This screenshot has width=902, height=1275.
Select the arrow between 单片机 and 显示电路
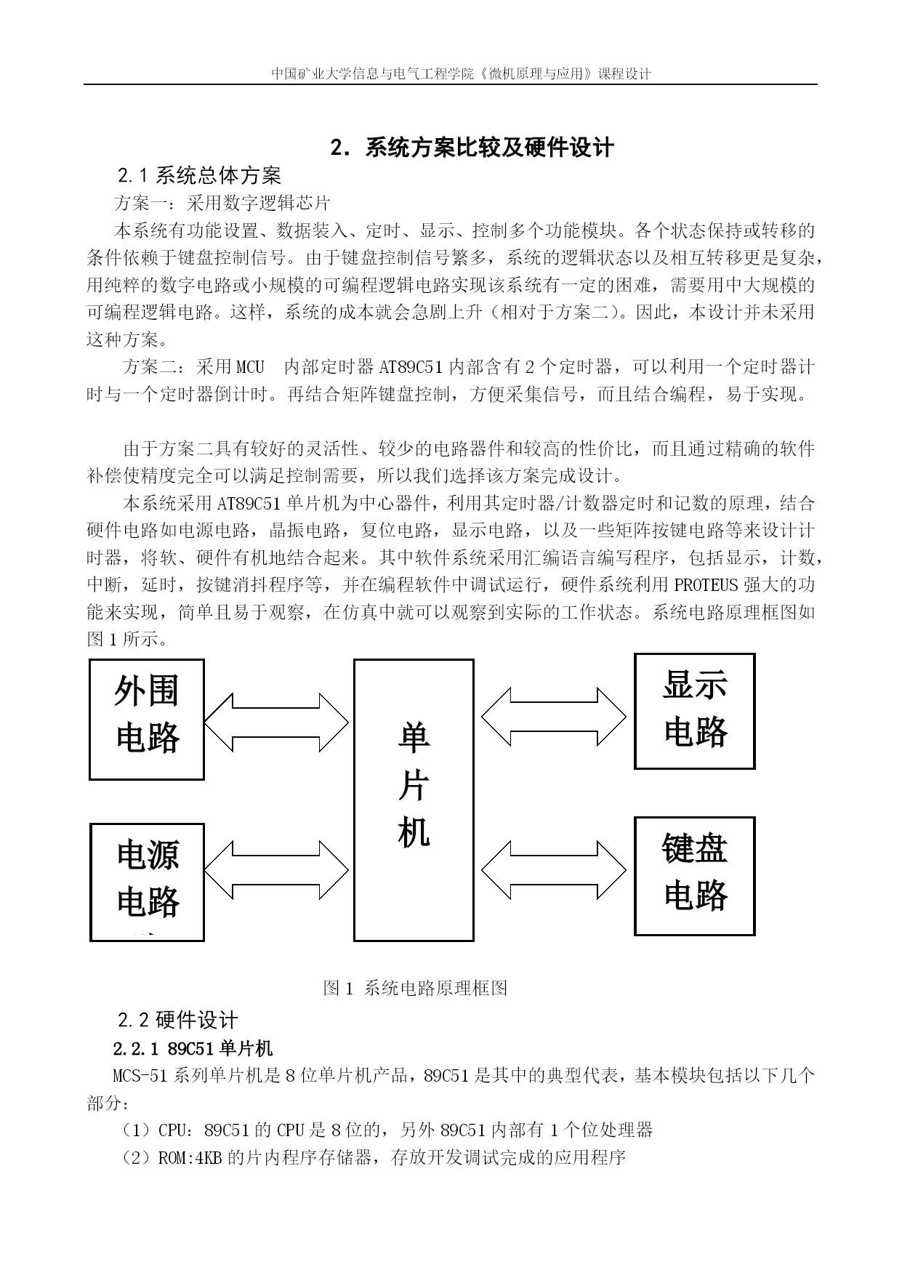pos(553,717)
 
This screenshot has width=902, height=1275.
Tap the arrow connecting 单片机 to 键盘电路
pos(553,870)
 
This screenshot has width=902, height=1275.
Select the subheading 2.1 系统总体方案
pos(199,175)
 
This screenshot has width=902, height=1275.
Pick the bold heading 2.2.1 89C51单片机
pos(193,1048)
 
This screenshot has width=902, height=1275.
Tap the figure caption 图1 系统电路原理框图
pos(416,987)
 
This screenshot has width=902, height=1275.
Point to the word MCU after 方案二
pos(250,366)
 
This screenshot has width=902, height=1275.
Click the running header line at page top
pos(461,73)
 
